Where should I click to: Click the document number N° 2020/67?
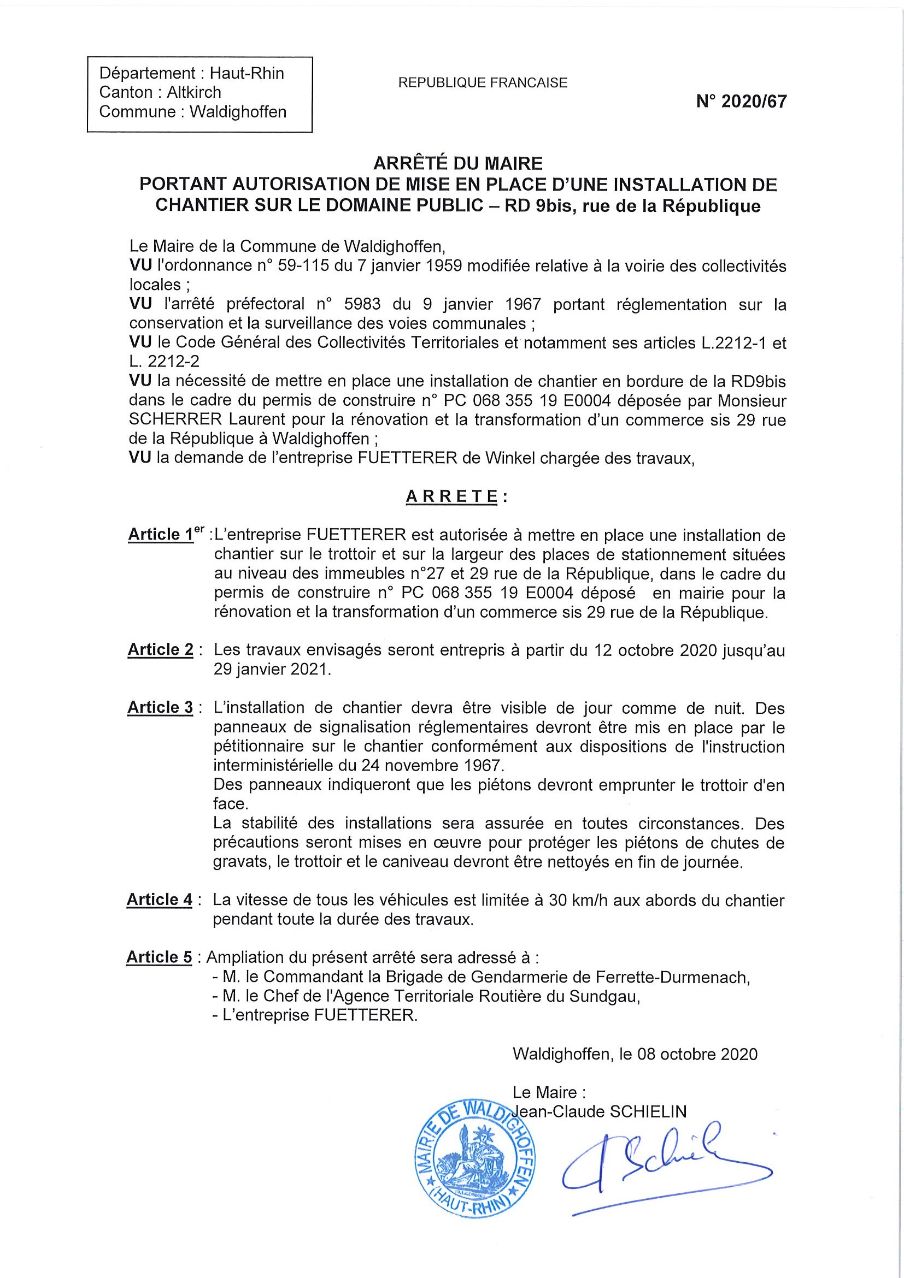coord(741,101)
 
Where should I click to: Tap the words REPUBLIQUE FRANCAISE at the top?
coord(483,83)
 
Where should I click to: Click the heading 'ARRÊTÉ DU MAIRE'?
coord(457,163)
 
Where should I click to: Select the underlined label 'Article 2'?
coord(161,649)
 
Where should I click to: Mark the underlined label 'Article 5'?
coord(159,957)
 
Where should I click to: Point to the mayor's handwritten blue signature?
coord(663,1159)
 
